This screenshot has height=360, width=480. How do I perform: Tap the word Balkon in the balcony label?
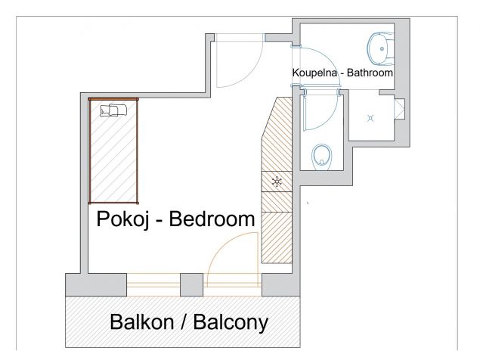pos(144,323)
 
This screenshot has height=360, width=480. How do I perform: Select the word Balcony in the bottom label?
pos(231,323)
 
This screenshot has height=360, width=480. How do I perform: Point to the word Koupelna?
pos(317,74)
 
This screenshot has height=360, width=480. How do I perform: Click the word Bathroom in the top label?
pos(369,74)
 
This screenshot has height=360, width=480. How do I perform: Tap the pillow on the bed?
pos(113,110)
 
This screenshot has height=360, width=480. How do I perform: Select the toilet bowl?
pos(323,157)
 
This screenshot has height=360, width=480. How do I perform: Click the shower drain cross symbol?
pos(370,117)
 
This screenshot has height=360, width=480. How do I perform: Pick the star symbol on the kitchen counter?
pos(277,182)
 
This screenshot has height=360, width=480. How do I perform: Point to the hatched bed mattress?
pos(114,155)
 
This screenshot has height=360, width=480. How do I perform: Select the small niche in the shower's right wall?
pos(401,110)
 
